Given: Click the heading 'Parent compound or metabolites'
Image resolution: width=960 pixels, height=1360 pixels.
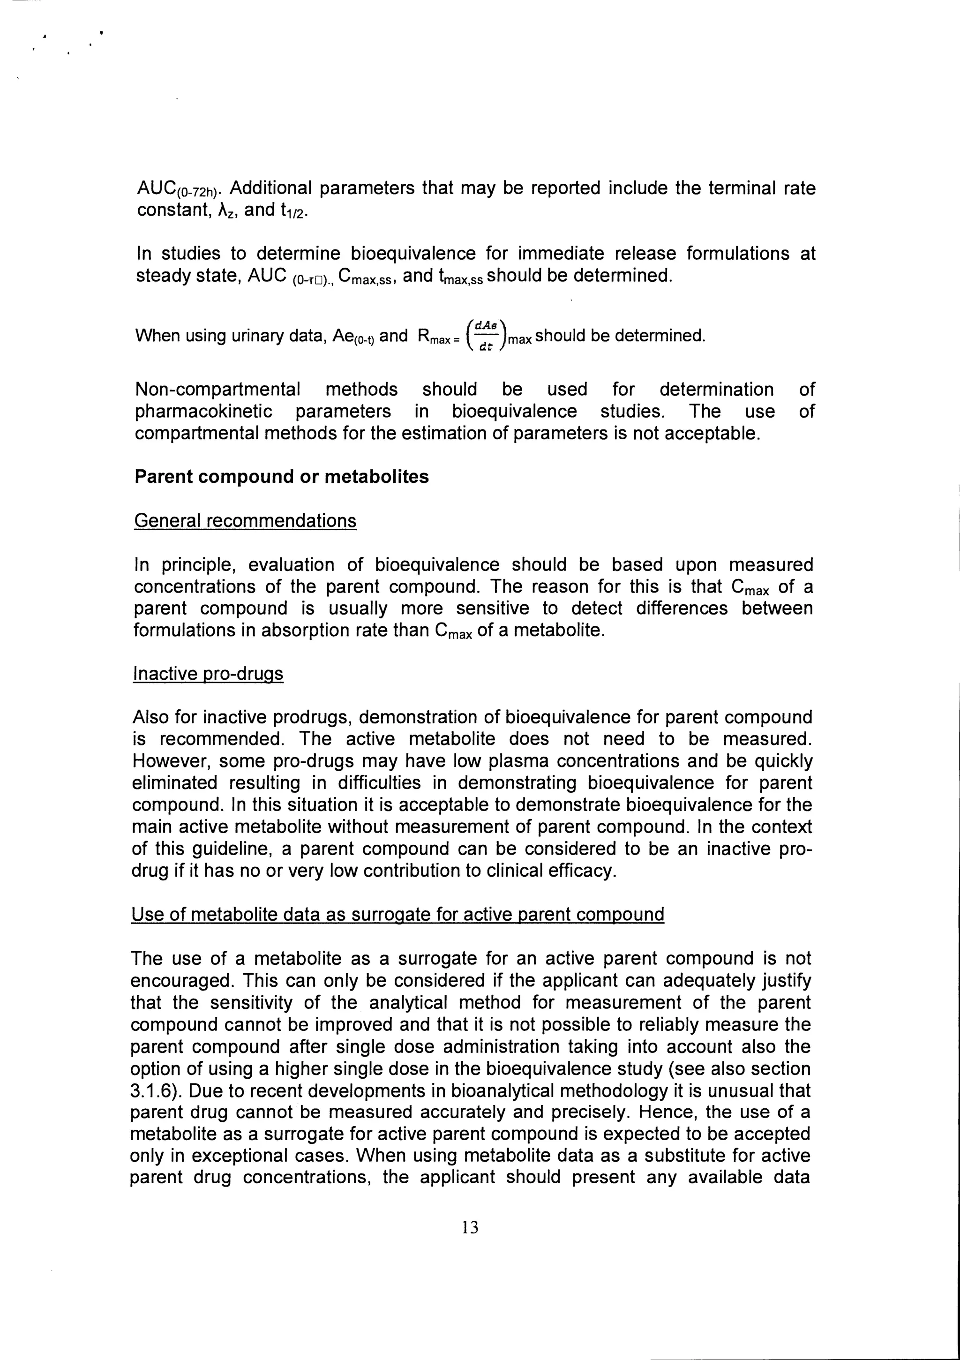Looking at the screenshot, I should [x=281, y=477].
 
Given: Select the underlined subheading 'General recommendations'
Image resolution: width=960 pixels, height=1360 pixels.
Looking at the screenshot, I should [x=245, y=521].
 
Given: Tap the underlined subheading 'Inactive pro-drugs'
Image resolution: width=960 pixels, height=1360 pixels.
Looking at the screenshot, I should [x=209, y=674].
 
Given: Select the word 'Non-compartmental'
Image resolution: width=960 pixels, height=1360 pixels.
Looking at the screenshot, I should [x=217, y=389].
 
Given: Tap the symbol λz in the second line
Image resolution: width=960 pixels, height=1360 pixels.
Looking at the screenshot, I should [x=225, y=211].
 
